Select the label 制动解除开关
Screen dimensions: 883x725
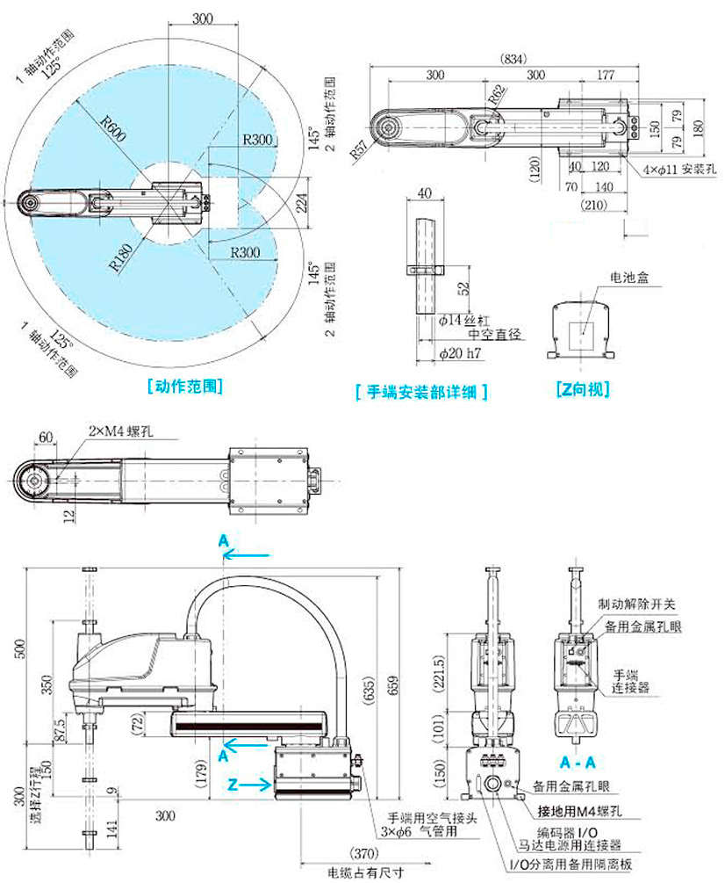[636, 605]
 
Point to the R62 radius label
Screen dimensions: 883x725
[497, 94]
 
